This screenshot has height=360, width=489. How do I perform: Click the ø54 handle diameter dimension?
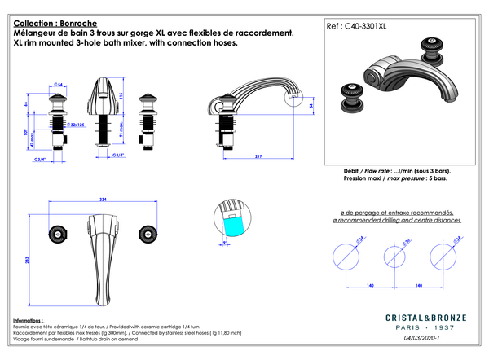(x=59, y=84)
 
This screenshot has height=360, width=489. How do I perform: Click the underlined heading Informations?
(x=29, y=320)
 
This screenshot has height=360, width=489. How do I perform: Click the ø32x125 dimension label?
(x=78, y=125)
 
